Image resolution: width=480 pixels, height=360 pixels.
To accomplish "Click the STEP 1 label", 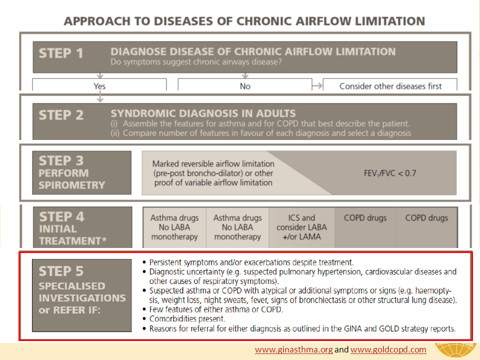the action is [61, 53].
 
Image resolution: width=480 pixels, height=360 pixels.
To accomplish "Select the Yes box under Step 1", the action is [99, 85].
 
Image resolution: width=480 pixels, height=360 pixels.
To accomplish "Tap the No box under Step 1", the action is [245, 85].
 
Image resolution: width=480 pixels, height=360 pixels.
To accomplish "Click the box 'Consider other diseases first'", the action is [390, 85].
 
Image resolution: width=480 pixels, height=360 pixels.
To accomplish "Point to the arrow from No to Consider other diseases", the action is [317, 86].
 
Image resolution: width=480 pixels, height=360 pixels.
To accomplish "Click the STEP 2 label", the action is [61, 115].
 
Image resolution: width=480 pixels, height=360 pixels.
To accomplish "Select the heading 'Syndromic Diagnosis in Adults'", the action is [203, 113].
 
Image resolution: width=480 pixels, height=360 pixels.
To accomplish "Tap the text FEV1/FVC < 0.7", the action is [390, 173].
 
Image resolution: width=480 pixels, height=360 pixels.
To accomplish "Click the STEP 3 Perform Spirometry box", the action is [81, 172].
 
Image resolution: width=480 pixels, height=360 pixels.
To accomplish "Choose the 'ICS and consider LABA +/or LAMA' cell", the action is [301, 227].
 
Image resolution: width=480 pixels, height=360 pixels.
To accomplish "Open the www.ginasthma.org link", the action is [294, 349].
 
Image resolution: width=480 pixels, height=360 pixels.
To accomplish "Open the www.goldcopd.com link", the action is [388, 349].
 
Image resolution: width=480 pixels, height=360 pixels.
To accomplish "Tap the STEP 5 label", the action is [61, 271].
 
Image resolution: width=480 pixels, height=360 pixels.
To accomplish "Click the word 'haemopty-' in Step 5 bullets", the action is [433, 290].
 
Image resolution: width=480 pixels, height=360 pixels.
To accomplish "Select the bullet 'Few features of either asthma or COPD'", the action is [216, 309].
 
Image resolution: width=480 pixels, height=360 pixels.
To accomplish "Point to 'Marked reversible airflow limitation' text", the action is [213, 164].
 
